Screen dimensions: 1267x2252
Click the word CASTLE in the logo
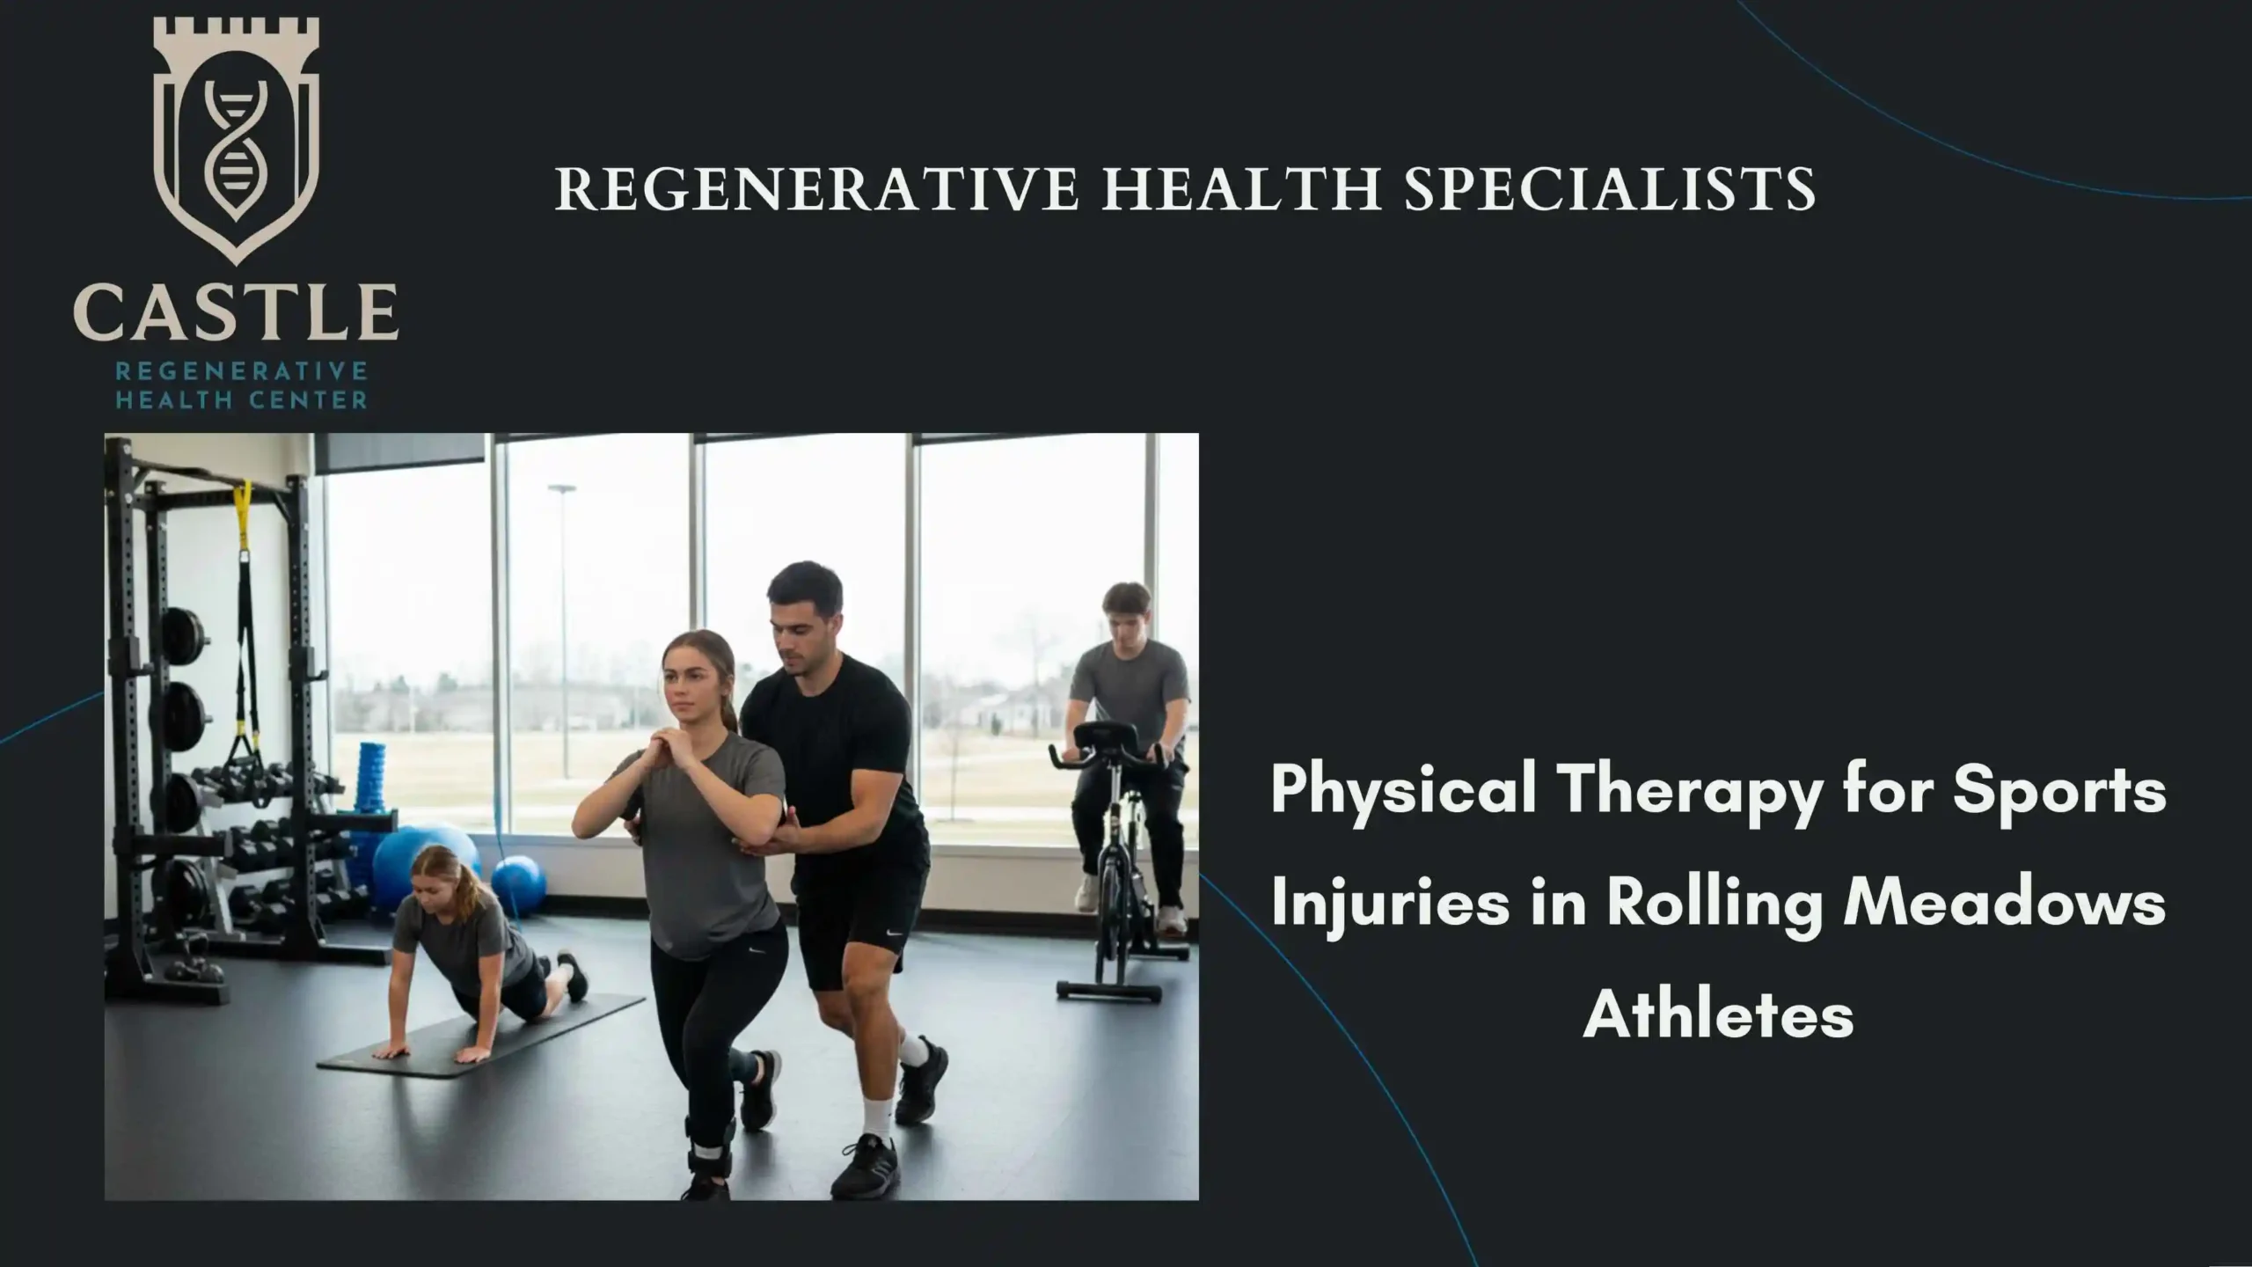point(236,312)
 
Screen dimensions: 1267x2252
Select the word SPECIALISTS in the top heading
point(1609,189)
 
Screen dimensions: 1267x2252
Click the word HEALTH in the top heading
point(1241,189)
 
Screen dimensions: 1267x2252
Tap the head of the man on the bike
point(1127,612)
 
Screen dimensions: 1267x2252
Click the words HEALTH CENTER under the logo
point(242,401)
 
